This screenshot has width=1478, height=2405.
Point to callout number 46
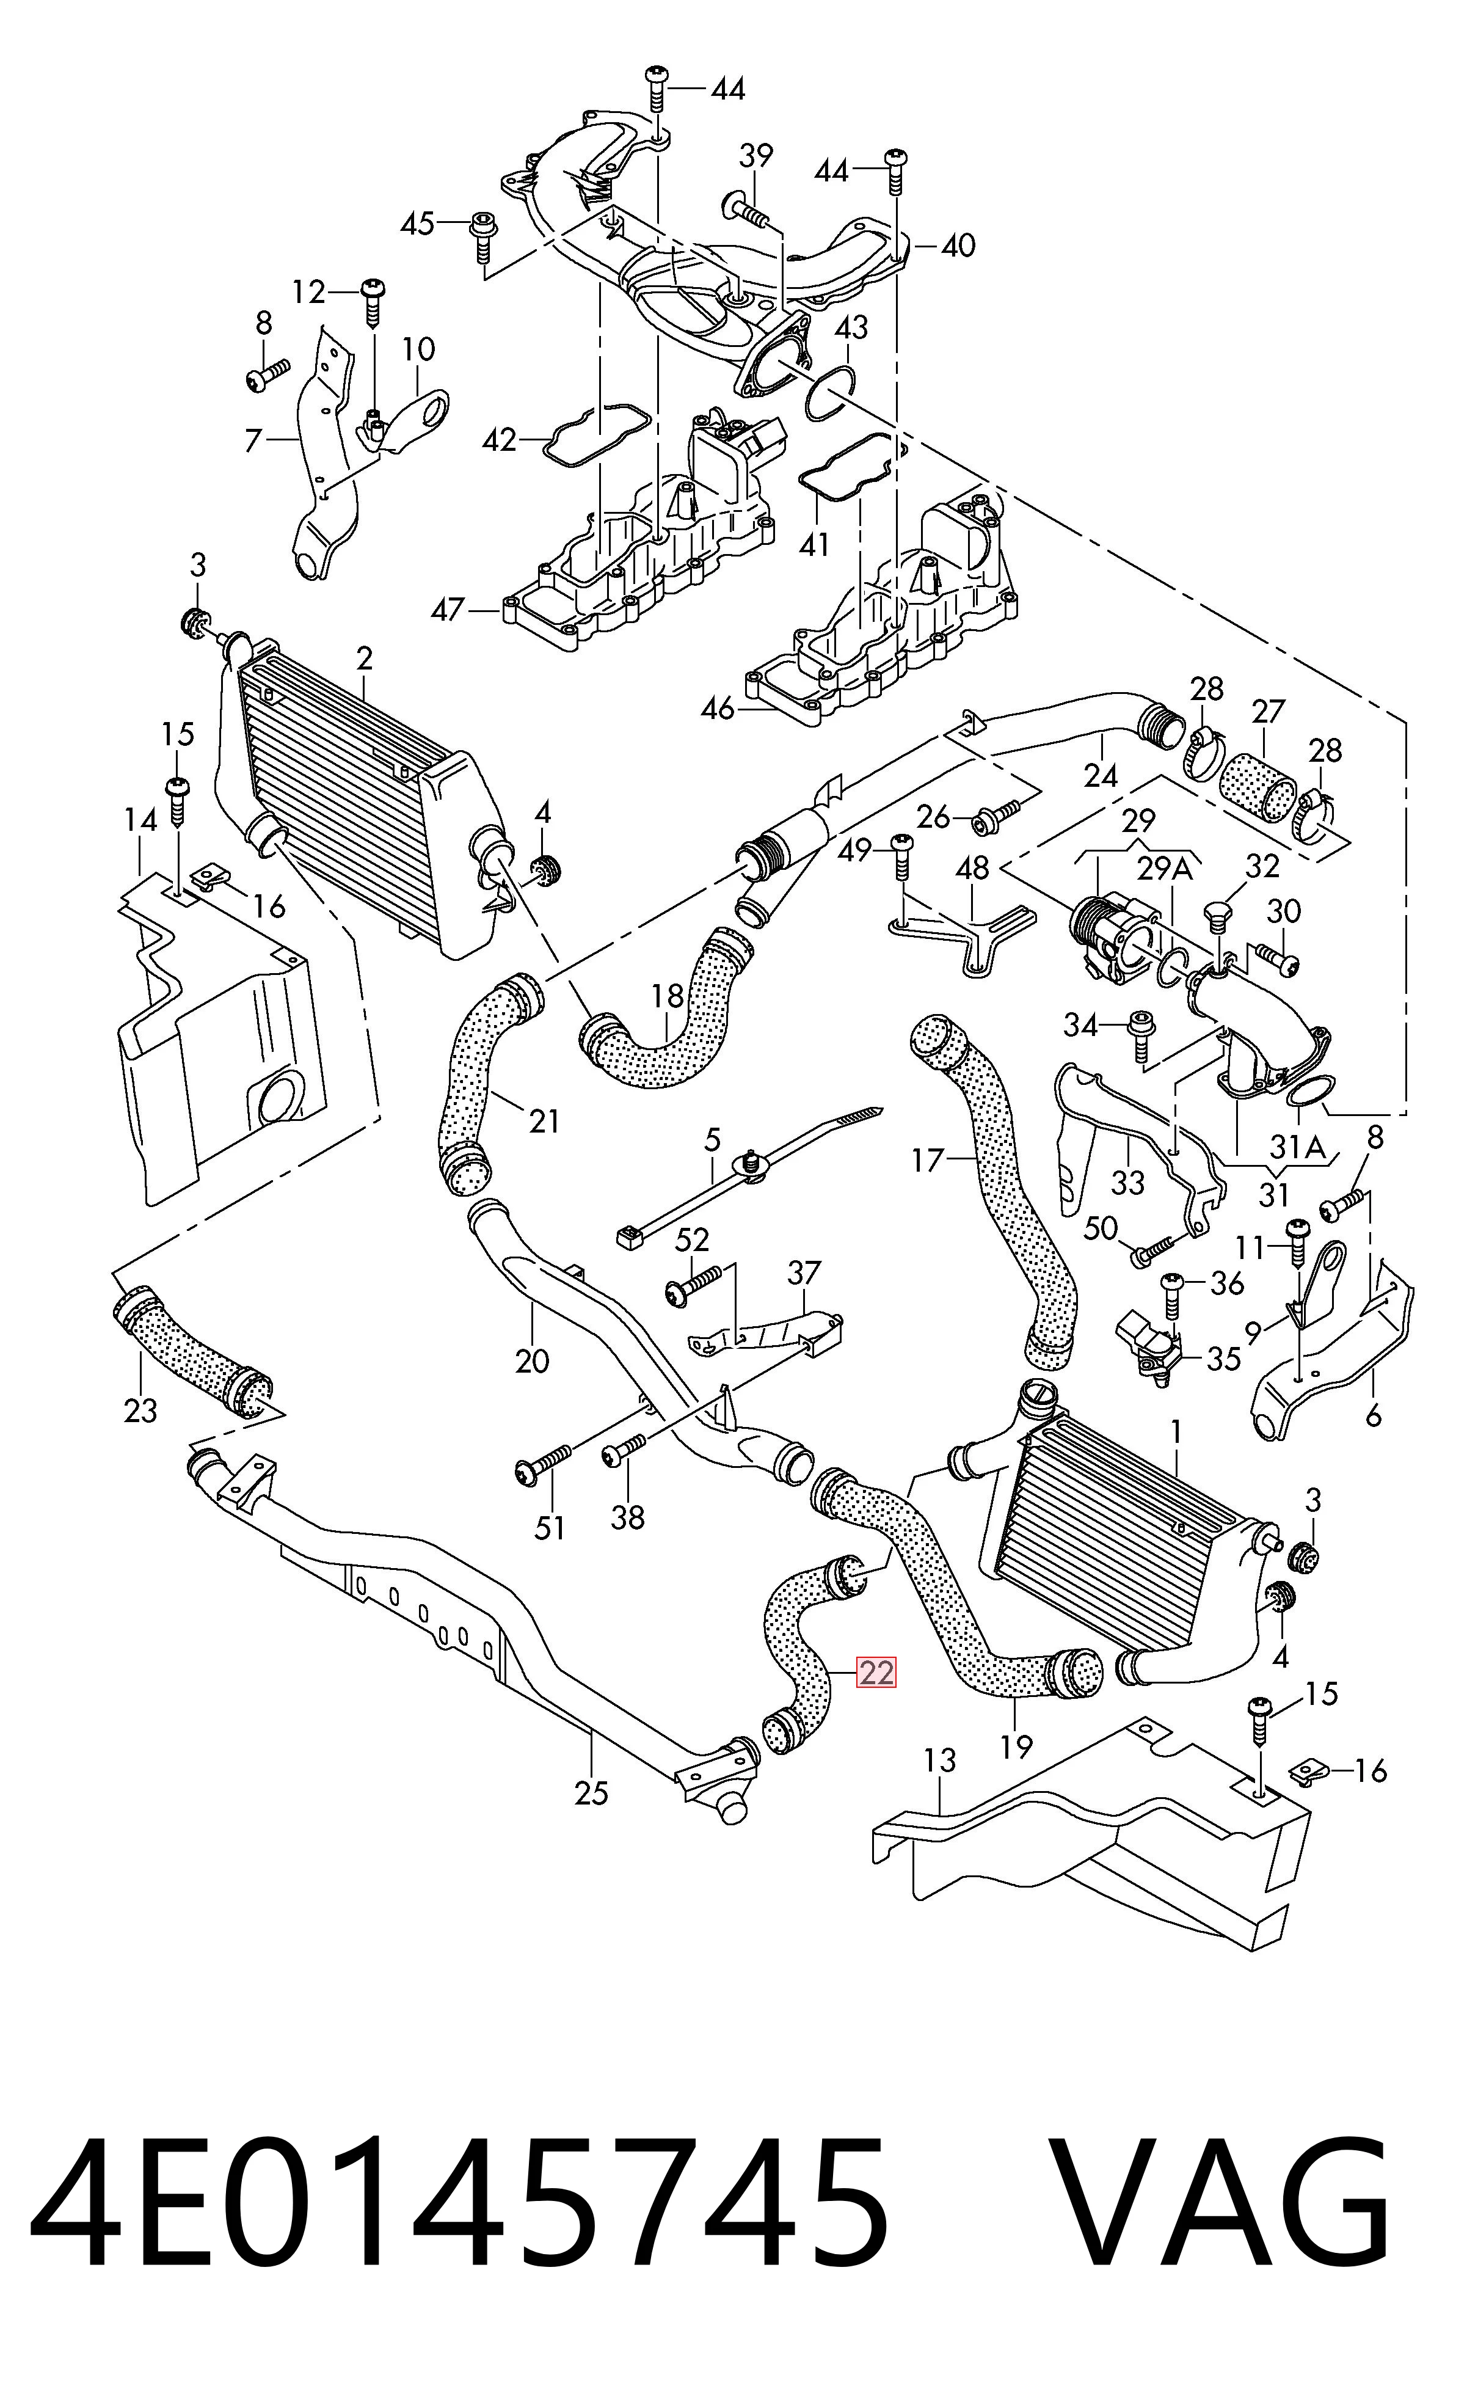pos(718,708)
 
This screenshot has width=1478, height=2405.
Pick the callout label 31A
pos(1298,1146)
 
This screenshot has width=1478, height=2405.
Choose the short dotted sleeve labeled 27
pos(1261,785)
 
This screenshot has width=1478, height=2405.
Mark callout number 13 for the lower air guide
pos(939,1761)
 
